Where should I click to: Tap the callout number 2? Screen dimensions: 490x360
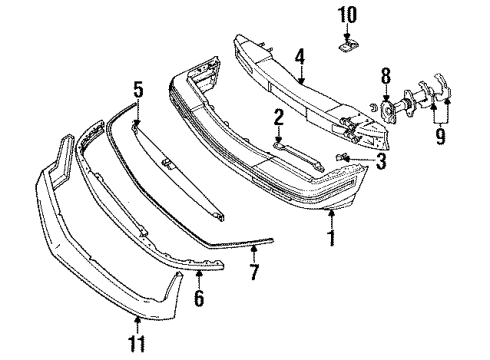pos(280,119)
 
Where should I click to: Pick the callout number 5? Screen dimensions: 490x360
pos(138,89)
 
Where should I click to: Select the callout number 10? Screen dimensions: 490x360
pos(348,15)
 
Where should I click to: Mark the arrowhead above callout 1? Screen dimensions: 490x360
pos(330,214)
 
